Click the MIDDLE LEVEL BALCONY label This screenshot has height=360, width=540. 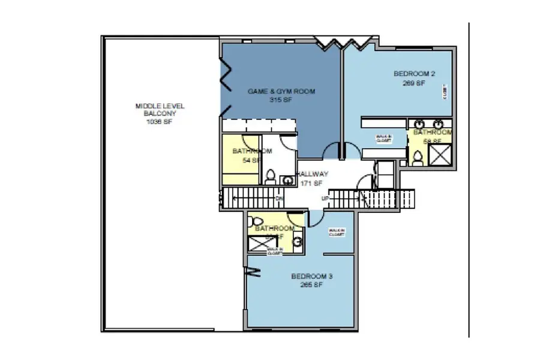(x=160, y=110)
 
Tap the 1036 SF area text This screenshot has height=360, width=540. (x=160, y=121)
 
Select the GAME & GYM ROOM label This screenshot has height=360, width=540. (x=281, y=92)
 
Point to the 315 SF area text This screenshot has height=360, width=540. (x=281, y=100)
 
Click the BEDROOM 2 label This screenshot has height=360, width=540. (x=414, y=74)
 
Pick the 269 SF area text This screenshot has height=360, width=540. (x=414, y=83)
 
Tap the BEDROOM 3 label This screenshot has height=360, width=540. (x=311, y=277)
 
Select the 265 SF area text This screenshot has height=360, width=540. (x=311, y=286)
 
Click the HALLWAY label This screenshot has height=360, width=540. (x=311, y=174)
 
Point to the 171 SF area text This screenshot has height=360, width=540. (x=311, y=183)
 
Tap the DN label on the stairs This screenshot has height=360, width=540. (x=280, y=198)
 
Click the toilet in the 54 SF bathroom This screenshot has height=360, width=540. (x=271, y=176)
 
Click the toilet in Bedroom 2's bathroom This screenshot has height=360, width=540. (x=417, y=157)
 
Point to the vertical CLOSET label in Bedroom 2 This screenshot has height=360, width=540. (x=445, y=92)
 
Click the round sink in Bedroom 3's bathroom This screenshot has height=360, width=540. (x=297, y=243)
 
